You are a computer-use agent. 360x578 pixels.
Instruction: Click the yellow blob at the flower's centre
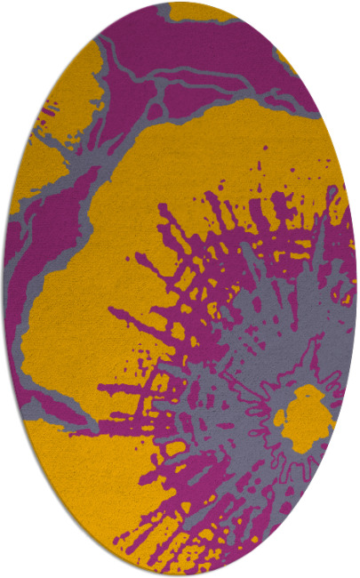point(308,414)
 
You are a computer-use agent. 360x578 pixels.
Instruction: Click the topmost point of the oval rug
point(180,3)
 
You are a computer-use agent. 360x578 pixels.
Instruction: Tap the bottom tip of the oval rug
point(180,575)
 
